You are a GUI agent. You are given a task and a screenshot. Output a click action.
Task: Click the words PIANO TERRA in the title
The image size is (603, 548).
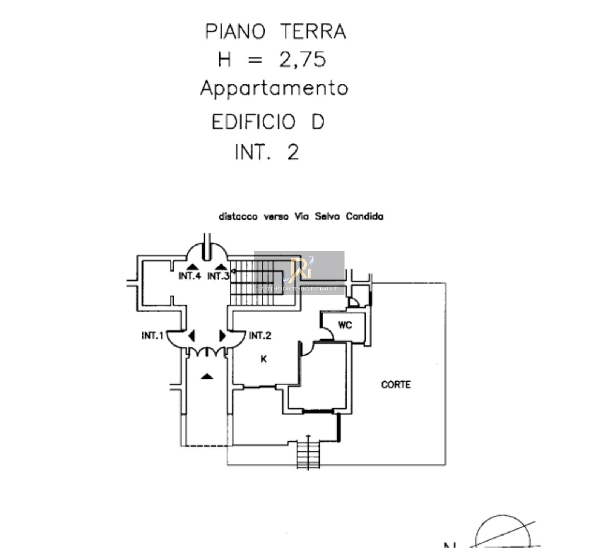point(275,32)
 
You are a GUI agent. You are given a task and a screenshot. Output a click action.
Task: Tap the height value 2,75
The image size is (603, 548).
point(302,60)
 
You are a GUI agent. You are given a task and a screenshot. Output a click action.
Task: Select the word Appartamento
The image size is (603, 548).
point(274,89)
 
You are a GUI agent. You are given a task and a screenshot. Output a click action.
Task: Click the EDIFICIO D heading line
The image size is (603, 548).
point(268,122)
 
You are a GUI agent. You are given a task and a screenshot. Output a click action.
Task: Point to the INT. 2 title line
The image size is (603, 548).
point(267,152)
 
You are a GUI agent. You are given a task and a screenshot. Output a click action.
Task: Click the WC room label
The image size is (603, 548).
point(345,325)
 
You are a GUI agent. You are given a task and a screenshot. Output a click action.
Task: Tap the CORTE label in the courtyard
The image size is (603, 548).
point(396,385)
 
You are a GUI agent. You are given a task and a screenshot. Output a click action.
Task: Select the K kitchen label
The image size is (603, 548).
point(264,359)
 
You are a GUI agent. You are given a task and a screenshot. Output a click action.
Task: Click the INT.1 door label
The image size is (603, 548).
point(152,335)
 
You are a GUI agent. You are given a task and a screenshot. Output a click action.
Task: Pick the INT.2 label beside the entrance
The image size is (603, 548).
point(260,335)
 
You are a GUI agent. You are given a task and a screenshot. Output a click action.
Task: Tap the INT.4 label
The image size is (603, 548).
point(189,276)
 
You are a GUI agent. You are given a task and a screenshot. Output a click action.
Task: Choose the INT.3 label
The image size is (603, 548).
point(218,276)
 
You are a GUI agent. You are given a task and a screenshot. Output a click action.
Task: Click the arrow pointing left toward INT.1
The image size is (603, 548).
point(192,335)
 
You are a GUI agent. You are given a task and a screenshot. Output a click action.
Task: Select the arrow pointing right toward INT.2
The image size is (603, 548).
point(222,335)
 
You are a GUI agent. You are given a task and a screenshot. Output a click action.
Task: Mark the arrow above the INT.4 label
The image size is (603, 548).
point(192,267)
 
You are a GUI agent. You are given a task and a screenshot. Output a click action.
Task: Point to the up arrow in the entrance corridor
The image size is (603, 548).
point(207,376)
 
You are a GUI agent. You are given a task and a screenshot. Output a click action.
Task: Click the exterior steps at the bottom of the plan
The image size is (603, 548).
point(308,454)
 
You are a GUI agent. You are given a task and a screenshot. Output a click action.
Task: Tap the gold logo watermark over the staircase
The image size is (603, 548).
point(300,270)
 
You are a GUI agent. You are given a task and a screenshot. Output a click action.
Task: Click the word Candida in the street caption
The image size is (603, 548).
point(364,216)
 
